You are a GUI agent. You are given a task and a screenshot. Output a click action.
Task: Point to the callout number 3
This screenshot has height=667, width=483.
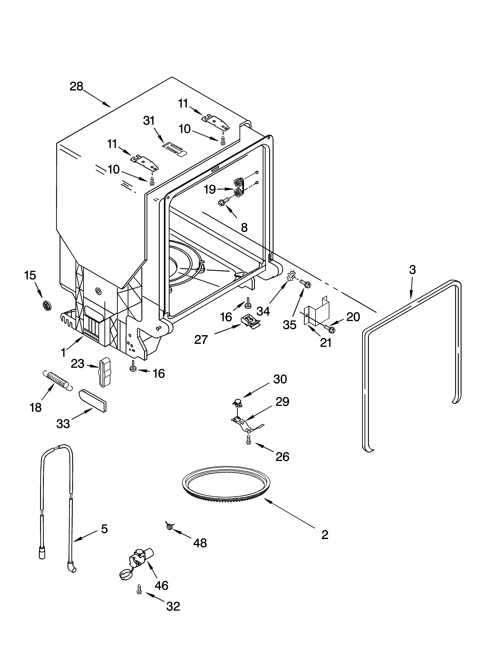point(412,270)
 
